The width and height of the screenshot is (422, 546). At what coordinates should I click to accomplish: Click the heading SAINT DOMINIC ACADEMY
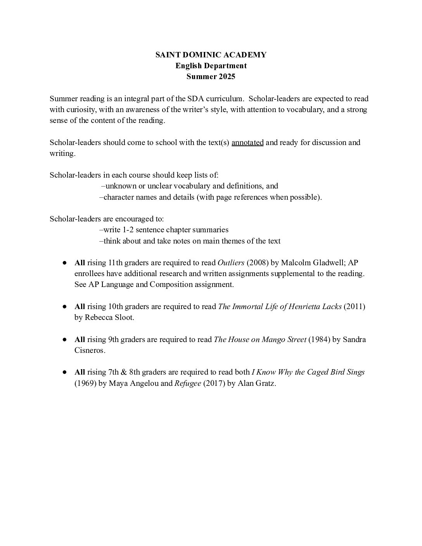[x=211, y=55]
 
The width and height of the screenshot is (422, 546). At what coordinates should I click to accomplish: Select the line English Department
[x=211, y=66]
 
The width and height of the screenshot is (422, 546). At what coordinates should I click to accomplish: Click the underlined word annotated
[x=247, y=142]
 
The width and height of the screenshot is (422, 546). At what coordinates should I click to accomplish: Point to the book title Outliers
[x=231, y=263]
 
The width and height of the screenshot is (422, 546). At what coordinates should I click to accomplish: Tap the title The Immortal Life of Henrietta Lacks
[x=280, y=306]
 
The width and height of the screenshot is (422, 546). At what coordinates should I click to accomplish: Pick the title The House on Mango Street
[x=260, y=339]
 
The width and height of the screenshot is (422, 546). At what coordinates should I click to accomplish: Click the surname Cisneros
[x=90, y=350]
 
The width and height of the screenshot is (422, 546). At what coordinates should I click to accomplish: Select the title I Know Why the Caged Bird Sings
[x=308, y=372]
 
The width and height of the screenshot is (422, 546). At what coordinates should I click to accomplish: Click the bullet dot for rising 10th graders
[x=65, y=306]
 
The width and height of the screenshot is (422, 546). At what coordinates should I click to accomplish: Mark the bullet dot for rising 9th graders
[x=65, y=339]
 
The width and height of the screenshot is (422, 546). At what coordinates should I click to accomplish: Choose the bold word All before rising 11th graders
[x=80, y=263]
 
